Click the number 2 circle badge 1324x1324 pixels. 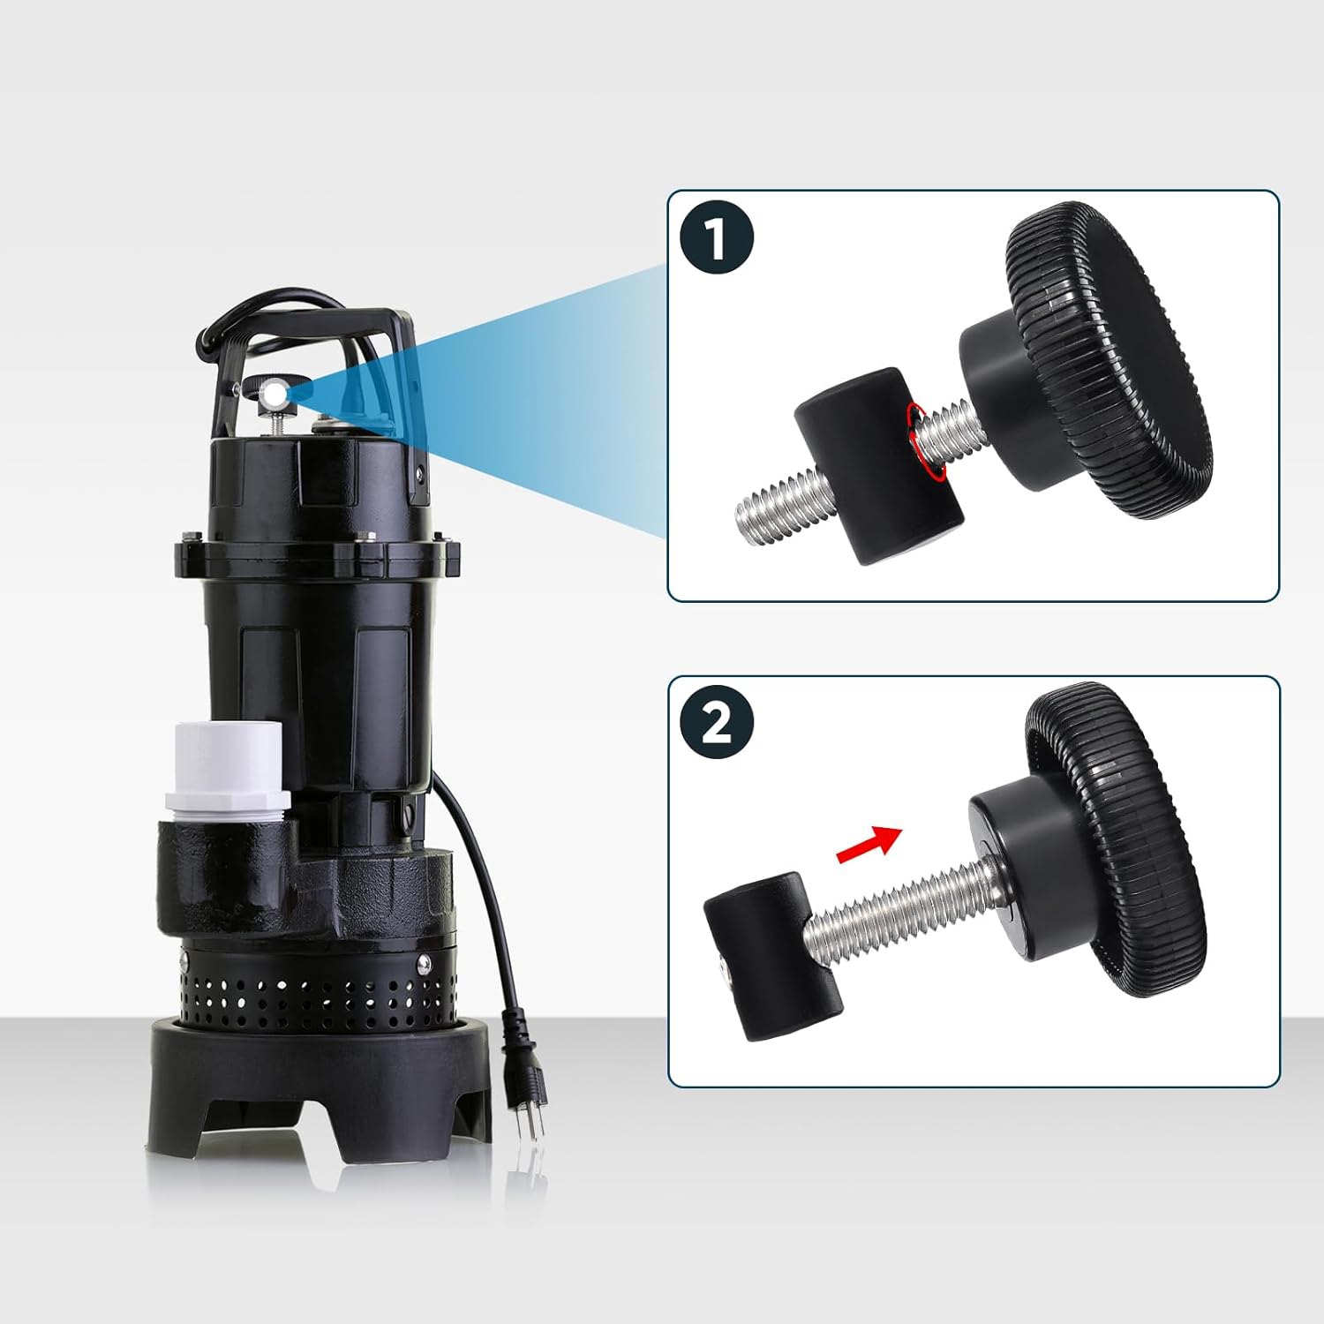(x=717, y=722)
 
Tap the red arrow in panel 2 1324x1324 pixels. (x=869, y=844)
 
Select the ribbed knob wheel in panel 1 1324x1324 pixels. (x=1109, y=361)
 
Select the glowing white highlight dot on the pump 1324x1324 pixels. (x=276, y=390)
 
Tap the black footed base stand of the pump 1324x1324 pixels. (x=320, y=1086)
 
